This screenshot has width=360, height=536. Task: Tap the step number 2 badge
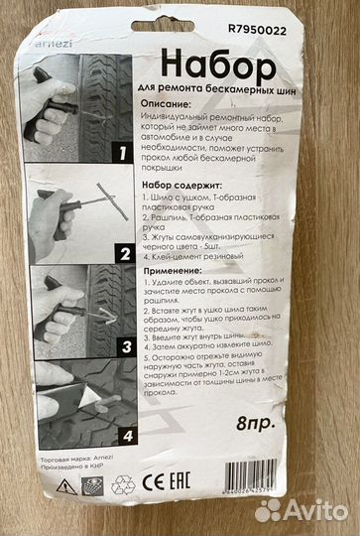click(x=124, y=252)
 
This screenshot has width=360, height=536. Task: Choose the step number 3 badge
click(x=126, y=347)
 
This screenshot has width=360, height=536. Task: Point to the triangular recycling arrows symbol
click(x=123, y=486)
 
